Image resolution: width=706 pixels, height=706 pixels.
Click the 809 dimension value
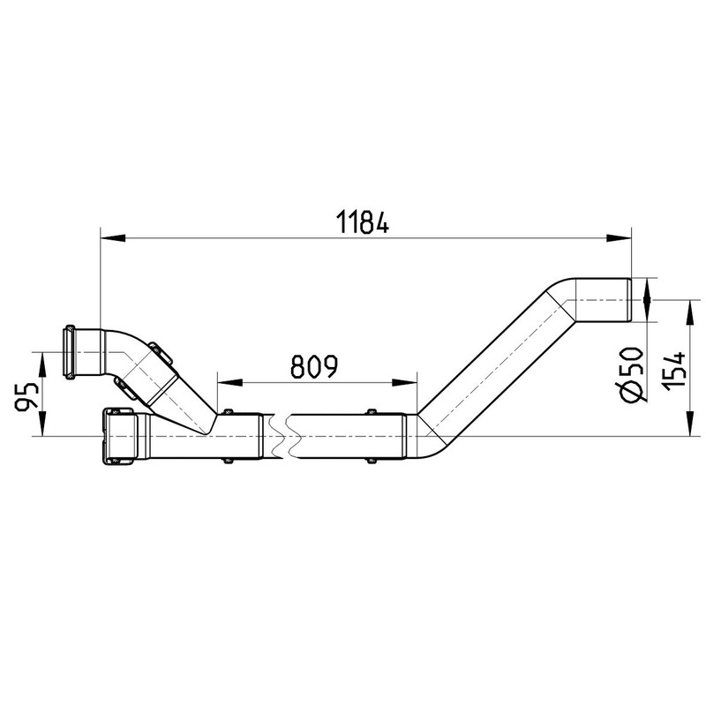[x=314, y=366]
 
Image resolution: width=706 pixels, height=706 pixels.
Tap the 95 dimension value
[x=27, y=397]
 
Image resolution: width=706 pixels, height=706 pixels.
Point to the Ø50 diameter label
[x=632, y=373]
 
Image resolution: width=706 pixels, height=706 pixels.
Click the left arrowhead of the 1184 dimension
[x=112, y=237]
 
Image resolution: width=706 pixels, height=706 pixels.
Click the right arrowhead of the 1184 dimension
[x=620, y=237]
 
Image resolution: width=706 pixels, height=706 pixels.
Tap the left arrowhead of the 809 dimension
[x=229, y=383]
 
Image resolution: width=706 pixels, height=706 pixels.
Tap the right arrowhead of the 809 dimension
[x=405, y=383]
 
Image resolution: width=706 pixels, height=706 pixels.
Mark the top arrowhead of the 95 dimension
[x=42, y=364]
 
